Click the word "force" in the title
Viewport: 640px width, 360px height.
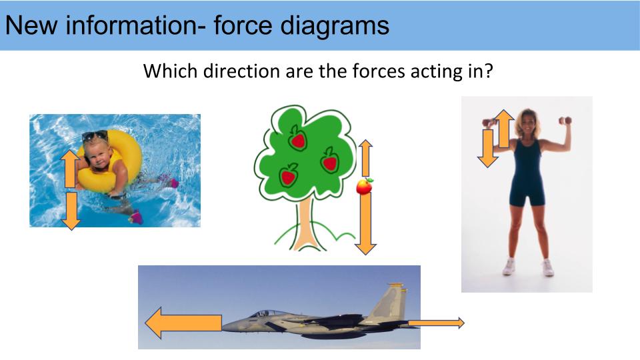click(240, 25)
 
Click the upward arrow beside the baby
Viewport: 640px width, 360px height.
click(70, 168)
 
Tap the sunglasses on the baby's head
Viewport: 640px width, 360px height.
click(95, 136)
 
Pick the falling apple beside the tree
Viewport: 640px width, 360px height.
click(365, 185)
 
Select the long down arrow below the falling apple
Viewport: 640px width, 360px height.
click(365, 224)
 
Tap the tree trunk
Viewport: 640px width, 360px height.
click(306, 223)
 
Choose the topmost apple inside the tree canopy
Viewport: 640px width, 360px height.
click(297, 139)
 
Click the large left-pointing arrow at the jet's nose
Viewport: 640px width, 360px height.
click(183, 323)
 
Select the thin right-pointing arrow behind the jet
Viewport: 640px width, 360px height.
click(436, 323)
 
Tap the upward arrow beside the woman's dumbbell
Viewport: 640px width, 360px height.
click(503, 129)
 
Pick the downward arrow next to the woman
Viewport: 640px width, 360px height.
click(488, 148)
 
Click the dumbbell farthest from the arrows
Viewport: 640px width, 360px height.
click(565, 121)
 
